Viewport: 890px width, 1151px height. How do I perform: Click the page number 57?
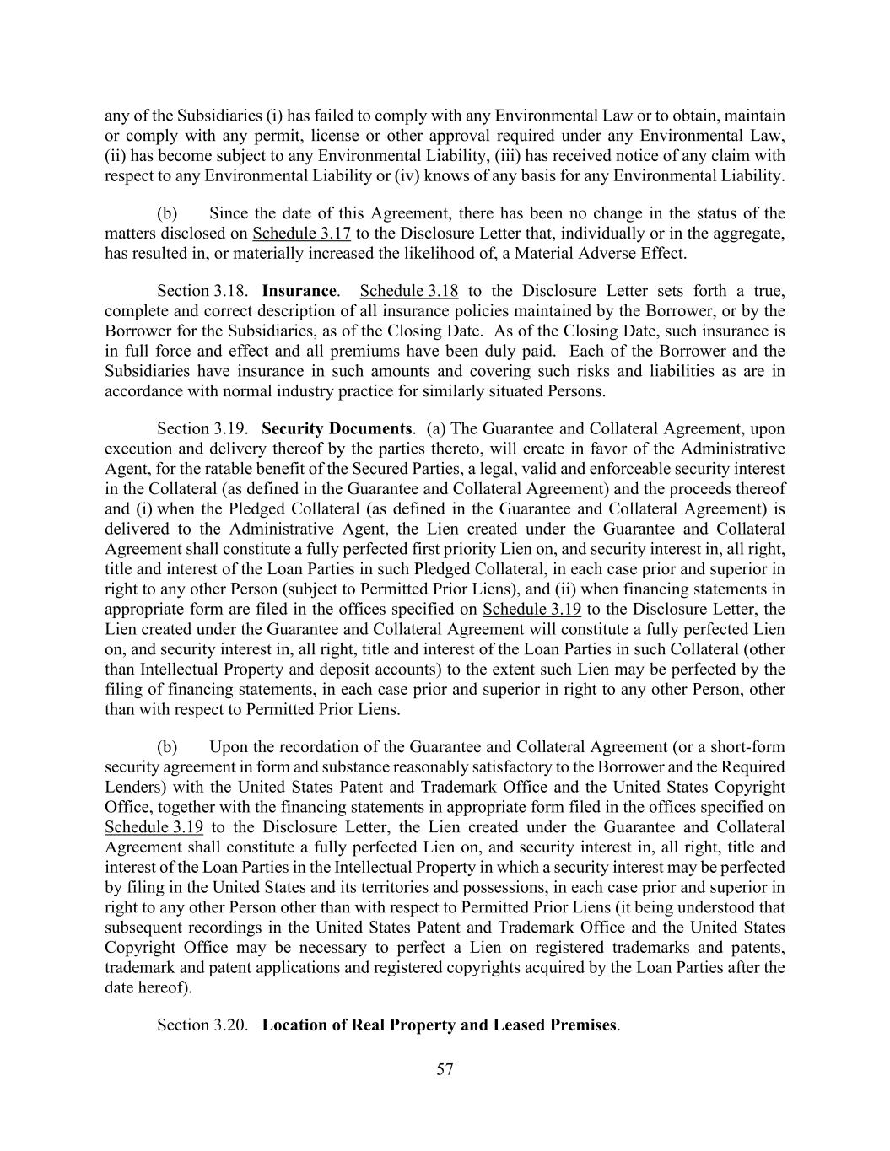click(x=445, y=1070)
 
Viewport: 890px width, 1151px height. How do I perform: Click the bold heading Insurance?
click(x=299, y=292)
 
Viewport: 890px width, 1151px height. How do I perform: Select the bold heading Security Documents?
click(x=337, y=428)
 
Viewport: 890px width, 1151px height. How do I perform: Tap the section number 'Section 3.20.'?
click(x=202, y=1025)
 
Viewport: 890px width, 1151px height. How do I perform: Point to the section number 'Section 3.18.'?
click(x=202, y=292)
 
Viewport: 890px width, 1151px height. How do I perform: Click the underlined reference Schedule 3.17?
click(x=302, y=234)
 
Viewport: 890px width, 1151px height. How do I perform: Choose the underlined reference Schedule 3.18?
click(x=409, y=292)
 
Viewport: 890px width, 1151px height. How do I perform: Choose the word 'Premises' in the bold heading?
click(x=583, y=1025)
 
